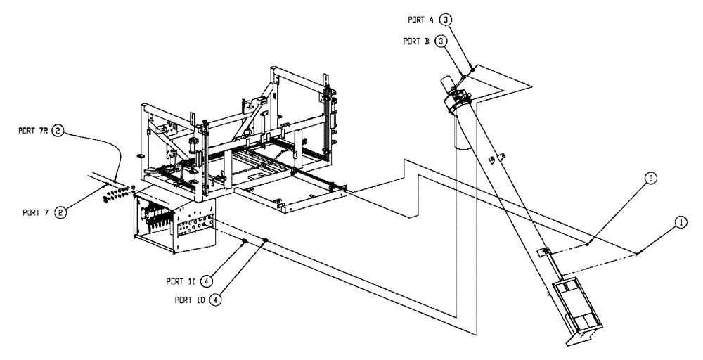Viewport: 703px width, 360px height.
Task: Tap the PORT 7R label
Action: (32, 130)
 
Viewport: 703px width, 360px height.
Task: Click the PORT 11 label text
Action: (181, 280)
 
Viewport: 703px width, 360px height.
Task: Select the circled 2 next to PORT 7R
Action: (59, 130)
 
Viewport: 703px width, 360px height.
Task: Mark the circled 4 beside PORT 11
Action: (207, 280)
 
